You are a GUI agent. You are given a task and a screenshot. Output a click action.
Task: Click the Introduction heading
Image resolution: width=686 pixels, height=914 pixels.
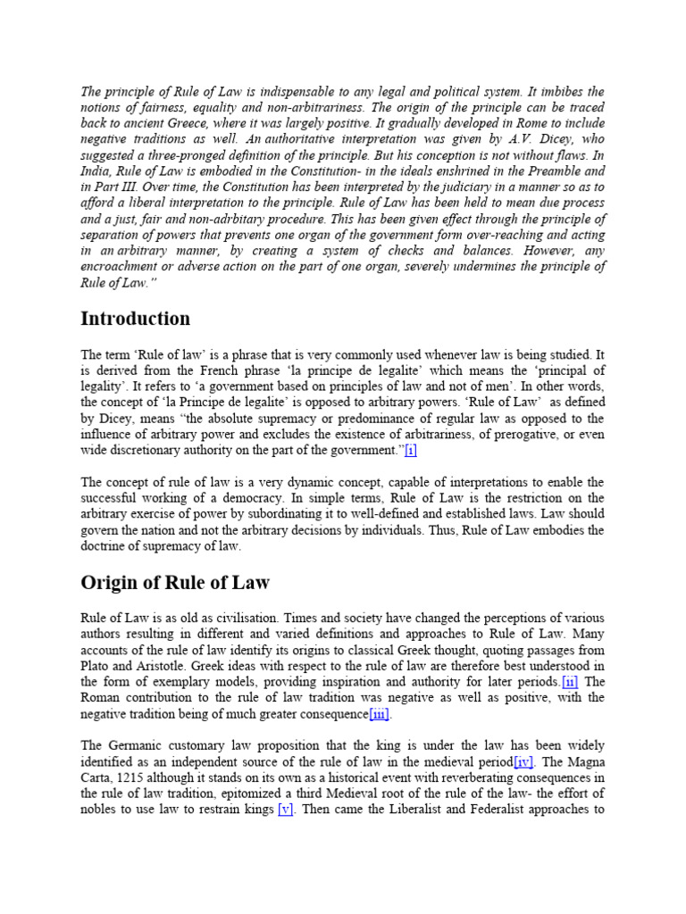(135, 319)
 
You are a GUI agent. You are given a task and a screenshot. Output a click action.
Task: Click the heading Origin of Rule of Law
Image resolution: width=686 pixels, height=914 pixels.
(175, 583)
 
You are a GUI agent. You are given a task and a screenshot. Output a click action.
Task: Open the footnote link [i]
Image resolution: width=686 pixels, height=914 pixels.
(410, 450)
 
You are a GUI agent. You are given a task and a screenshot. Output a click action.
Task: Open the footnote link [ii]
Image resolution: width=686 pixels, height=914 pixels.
(570, 681)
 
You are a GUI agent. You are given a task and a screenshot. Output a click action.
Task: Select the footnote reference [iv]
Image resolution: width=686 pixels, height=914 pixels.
(527, 761)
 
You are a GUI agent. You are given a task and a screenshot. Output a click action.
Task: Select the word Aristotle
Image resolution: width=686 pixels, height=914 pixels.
(157, 665)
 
